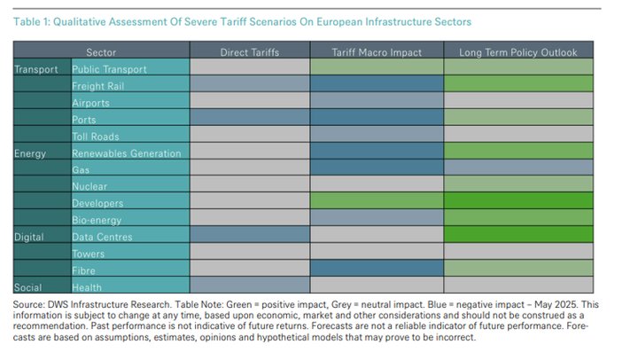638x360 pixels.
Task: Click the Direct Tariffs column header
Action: (x=249, y=52)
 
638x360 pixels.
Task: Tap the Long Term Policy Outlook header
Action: (x=517, y=52)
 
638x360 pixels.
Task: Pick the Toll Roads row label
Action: (x=96, y=137)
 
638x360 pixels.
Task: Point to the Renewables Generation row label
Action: (x=126, y=153)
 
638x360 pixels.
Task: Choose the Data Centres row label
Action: (x=102, y=237)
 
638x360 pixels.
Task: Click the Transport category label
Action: (x=36, y=69)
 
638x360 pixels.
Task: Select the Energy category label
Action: (x=31, y=153)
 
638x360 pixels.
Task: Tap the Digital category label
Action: (x=30, y=237)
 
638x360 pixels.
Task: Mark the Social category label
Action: (x=29, y=287)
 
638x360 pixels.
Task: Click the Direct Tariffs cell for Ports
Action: (x=249, y=120)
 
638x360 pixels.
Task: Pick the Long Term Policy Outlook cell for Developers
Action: (x=517, y=204)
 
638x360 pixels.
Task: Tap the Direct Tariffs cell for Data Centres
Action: (x=249, y=237)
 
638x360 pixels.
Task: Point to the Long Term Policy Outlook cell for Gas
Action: (x=517, y=170)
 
